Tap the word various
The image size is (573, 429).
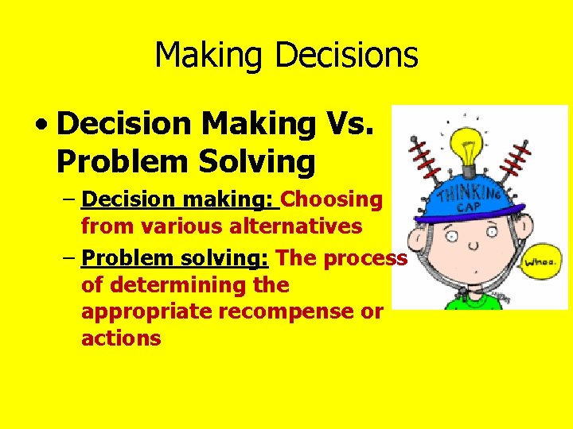click(168, 226)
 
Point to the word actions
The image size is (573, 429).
click(121, 338)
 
